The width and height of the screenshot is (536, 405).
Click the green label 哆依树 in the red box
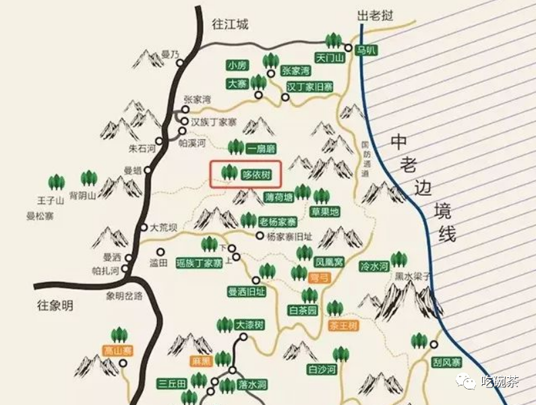256,174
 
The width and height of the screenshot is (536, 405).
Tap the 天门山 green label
330,58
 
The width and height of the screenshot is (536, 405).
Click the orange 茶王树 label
344,325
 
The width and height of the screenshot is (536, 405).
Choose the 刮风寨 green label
446,362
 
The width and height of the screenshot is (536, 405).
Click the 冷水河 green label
374,267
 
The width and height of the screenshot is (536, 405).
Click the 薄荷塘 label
279,198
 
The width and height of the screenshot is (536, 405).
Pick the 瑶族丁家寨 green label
199,263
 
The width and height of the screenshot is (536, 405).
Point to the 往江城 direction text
231,24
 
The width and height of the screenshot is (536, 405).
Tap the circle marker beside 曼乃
180,63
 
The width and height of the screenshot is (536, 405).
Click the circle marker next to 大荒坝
143,227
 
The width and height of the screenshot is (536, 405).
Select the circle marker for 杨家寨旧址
260,236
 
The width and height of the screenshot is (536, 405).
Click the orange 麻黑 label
201,361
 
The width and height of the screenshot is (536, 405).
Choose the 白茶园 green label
303,310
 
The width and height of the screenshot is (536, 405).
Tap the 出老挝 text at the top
374,15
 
